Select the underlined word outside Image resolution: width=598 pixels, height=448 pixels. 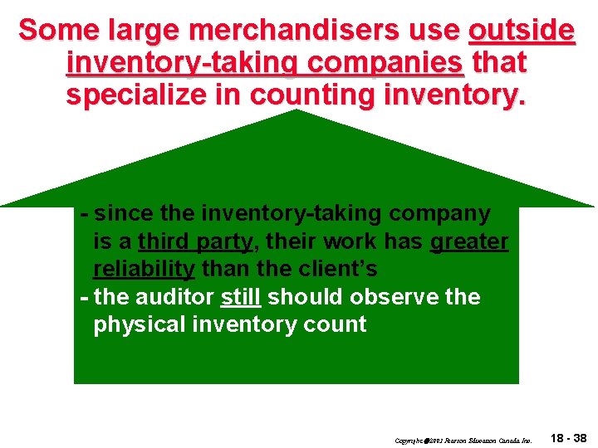[521, 31]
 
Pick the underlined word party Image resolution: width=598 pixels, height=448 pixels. [225, 241]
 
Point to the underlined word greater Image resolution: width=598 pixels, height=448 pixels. [469, 241]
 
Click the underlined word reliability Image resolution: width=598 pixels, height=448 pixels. [145, 270]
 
